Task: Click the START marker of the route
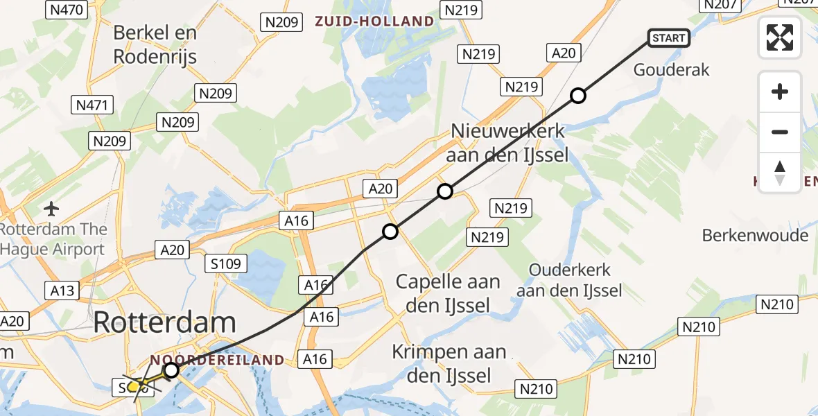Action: click(669, 38)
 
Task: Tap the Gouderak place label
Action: click(672, 70)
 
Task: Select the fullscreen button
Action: click(780, 37)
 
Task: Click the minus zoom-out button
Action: click(780, 132)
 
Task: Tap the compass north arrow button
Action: click(780, 172)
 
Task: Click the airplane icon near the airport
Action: click(51, 208)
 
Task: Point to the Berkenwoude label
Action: click(755, 235)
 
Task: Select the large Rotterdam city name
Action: click(164, 322)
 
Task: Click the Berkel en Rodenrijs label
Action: click(155, 44)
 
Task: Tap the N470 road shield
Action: click(67, 9)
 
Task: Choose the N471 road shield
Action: click(92, 105)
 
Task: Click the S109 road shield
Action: click(227, 263)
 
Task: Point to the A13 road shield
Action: click(62, 290)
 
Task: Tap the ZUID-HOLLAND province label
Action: click(374, 21)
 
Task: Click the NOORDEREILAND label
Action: click(216, 360)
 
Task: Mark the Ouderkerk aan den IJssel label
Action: click(570, 280)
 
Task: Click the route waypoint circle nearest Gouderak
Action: click(578, 96)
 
